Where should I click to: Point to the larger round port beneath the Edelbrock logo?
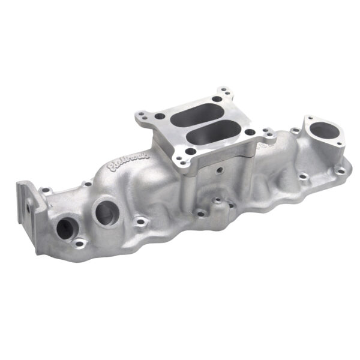[106, 213]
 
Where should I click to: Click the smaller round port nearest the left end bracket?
[64, 227]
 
